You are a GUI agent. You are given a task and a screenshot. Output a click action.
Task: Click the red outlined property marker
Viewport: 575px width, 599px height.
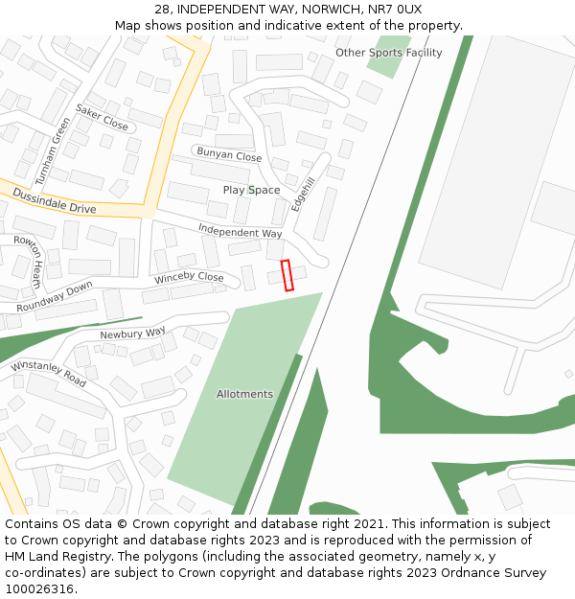(287, 275)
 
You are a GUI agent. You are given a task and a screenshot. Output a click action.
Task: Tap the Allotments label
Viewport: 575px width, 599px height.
(244, 394)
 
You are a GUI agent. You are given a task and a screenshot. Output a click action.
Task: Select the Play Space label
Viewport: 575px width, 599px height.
(251, 190)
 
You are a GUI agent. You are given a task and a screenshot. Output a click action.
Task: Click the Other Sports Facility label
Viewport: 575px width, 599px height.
(388, 53)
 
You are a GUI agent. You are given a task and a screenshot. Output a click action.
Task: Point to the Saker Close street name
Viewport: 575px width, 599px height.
(102, 118)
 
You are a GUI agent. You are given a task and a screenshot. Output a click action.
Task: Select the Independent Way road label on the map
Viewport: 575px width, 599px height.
(240, 231)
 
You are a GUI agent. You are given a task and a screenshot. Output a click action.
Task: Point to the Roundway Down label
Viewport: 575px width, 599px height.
(55, 297)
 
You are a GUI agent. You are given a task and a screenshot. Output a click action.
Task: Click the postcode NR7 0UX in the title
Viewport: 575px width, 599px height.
(394, 10)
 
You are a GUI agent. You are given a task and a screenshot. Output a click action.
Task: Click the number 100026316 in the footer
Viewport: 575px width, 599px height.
(38, 588)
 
